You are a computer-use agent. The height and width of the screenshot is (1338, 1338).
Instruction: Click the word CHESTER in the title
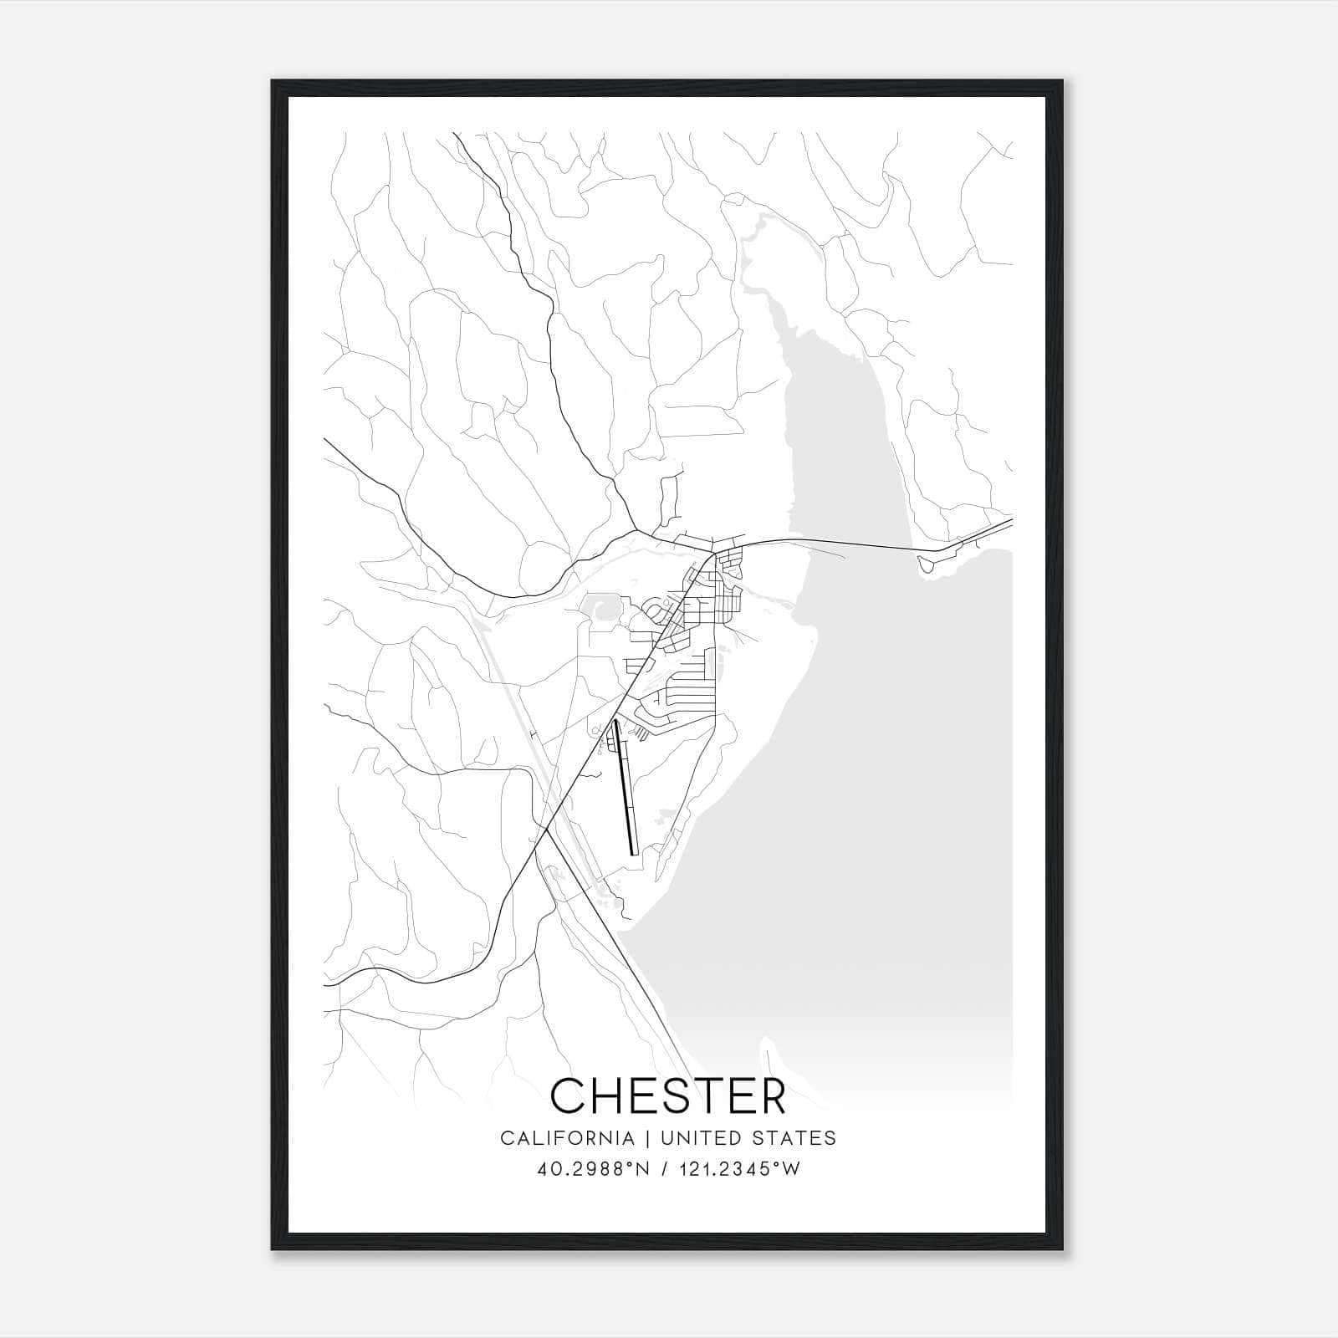click(x=668, y=1095)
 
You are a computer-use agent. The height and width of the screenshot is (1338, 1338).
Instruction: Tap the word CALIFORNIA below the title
click(x=566, y=1138)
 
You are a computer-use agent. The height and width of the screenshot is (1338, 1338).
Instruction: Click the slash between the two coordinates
click(x=665, y=1169)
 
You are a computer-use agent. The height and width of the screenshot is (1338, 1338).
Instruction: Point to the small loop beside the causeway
click(x=928, y=565)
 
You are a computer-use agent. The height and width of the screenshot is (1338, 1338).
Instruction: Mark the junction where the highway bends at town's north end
click(x=712, y=554)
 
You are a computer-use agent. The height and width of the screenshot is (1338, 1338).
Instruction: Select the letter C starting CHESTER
click(x=568, y=1095)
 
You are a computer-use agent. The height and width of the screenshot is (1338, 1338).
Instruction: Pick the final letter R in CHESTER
click(x=771, y=1095)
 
